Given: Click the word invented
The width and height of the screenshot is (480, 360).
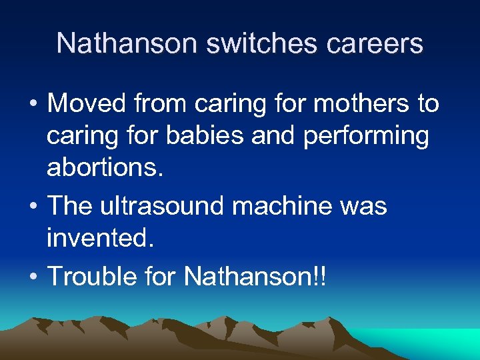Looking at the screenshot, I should pos(100,238).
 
